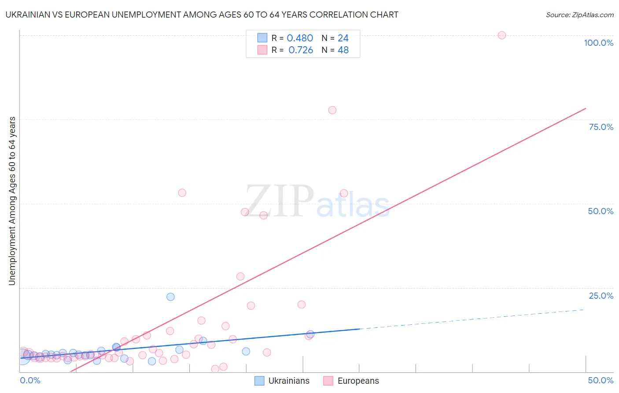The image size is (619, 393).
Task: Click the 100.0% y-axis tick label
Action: pos(598,43)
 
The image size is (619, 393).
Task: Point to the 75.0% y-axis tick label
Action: pos(601,127)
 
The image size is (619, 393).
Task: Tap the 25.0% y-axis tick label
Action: pos(601,296)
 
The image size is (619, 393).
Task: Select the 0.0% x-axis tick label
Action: pos(30,380)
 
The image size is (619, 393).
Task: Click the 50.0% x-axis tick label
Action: pos(601,380)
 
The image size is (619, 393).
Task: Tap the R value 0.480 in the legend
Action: pos(300,38)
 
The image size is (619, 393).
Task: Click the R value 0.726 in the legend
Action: pos(301,50)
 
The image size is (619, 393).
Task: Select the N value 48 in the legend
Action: pos(343,50)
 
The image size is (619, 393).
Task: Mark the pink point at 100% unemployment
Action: pos(502,35)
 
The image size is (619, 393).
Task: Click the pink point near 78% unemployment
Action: pos(332,110)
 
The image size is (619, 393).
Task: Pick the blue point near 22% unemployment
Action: pos(170,297)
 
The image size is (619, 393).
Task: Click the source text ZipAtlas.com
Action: pos(580,15)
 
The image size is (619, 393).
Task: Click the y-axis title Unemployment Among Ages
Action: pos(12,201)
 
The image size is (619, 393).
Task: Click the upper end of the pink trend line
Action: pos(585,108)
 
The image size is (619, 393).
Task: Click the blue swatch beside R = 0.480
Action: pos(262,38)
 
